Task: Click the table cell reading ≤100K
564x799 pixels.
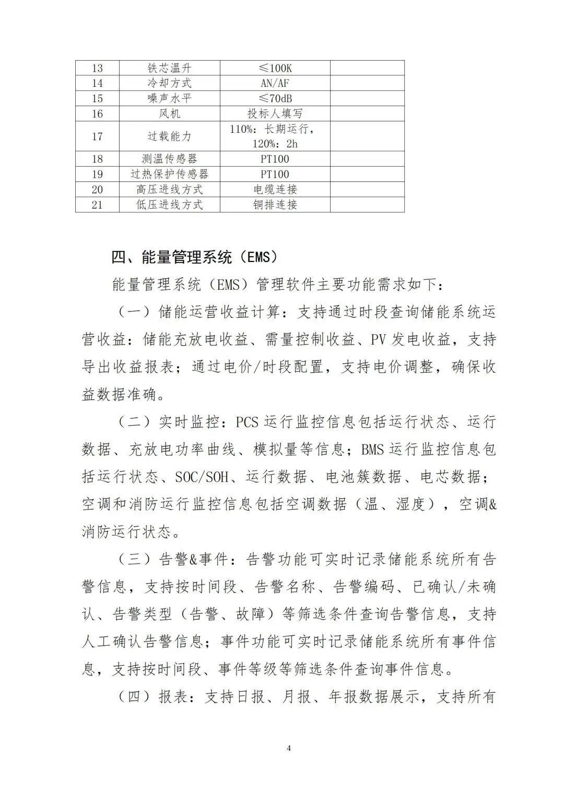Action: click(275, 68)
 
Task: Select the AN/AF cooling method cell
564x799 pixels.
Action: click(275, 83)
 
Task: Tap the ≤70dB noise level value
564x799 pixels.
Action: click(275, 98)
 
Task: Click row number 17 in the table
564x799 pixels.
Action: click(97, 136)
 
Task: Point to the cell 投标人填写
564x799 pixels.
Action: click(275, 113)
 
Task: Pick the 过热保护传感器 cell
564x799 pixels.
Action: click(169, 174)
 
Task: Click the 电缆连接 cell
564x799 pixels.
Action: click(275, 189)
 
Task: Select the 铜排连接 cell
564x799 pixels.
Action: click(275, 204)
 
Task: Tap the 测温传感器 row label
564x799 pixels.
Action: click(169, 159)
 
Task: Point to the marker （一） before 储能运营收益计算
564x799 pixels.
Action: click(134, 312)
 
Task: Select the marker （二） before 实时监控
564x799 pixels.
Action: click(134, 422)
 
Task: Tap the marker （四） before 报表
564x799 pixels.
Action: click(134, 697)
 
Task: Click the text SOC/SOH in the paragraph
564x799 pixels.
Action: click(202, 477)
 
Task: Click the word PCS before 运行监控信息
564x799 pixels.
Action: click(247, 422)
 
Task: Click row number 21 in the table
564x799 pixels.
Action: click(97, 204)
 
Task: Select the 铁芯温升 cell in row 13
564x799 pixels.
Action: click(169, 68)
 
